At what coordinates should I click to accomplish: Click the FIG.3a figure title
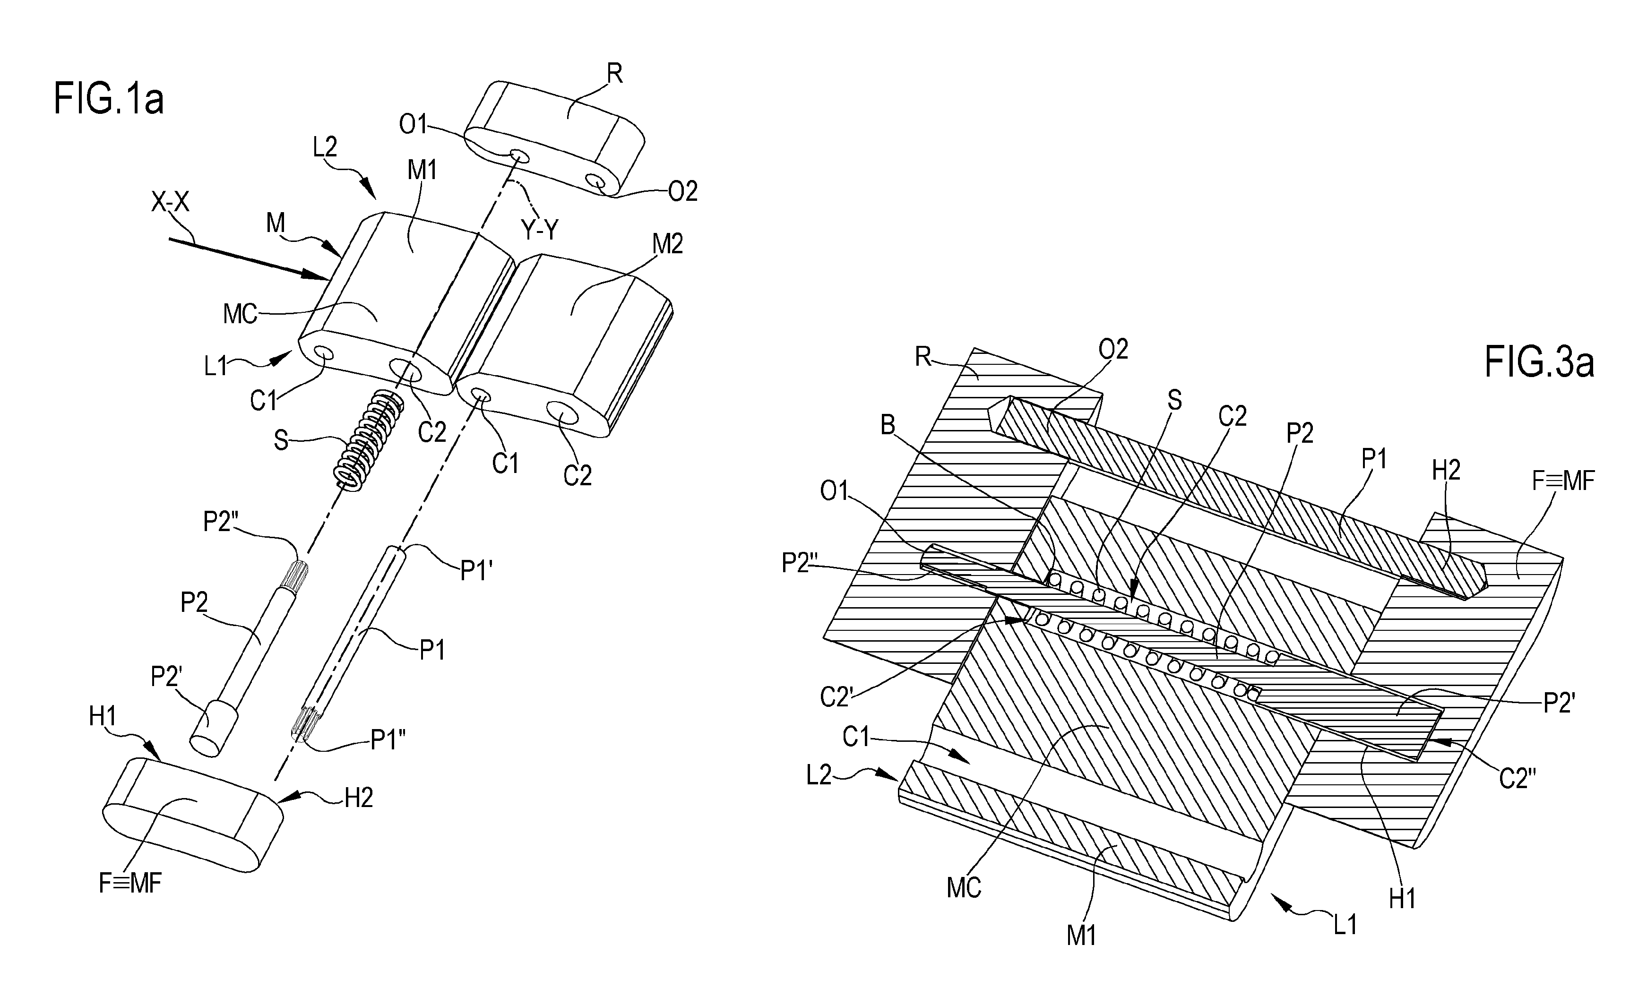[x=1539, y=363]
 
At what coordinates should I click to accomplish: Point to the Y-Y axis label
[x=539, y=230]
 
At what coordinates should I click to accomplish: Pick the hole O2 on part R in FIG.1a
[x=595, y=181]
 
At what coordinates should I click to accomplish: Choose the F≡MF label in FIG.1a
[x=130, y=884]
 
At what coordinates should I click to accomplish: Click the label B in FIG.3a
[x=888, y=425]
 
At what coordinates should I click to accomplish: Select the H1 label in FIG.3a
[x=1402, y=899]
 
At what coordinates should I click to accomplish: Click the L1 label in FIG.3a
[x=1345, y=925]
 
